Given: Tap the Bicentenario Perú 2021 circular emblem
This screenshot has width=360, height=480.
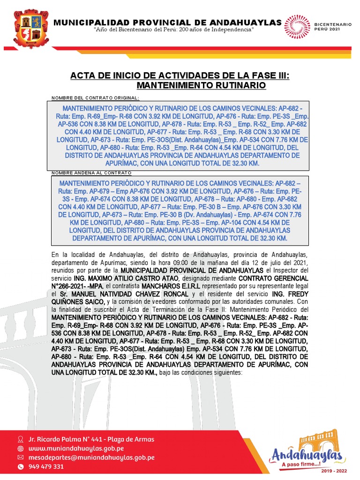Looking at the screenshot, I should (296, 26).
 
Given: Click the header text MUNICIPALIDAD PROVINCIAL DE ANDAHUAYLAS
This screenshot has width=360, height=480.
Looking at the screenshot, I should (168, 22).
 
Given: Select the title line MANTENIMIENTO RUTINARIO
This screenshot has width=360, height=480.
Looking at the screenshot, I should (201, 86).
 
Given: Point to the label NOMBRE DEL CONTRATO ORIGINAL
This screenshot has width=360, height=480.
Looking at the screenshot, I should (96, 97).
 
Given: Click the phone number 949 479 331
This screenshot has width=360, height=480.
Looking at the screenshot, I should (46, 466).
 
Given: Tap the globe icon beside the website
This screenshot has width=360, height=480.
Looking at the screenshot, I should (20, 448).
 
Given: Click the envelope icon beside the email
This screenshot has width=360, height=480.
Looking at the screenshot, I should (20, 457).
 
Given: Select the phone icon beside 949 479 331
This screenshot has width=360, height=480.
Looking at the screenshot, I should (20, 466).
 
